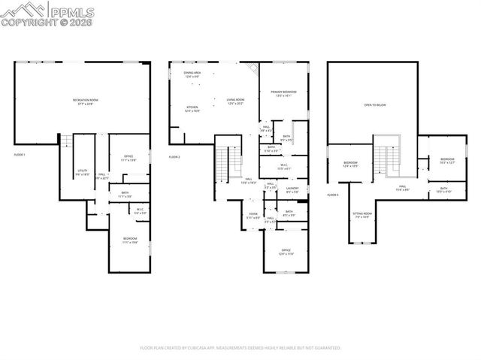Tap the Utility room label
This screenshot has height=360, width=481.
[82, 172]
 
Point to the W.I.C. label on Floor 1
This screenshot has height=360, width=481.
[119, 211]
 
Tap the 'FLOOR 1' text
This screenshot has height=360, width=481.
[20, 154]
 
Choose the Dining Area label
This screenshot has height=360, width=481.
[192, 74]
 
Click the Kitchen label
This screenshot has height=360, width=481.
[192, 109]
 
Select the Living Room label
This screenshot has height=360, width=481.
[236, 101]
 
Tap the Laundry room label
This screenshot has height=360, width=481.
[292, 190]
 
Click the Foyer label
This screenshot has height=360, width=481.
[244, 216]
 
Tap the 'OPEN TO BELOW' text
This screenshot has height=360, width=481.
[374, 105]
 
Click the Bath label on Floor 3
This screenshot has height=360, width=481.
[443, 190]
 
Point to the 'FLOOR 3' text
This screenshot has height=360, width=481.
[333, 195]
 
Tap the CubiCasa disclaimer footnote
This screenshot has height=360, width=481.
[240, 348]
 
